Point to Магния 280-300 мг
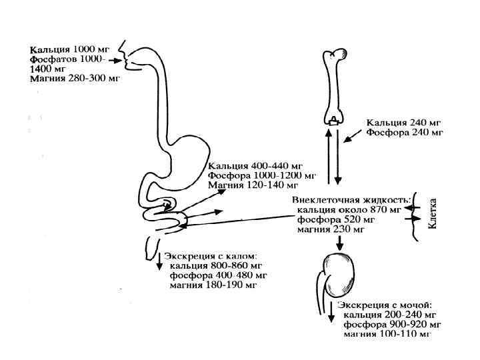point(73,78)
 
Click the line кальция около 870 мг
point(349,209)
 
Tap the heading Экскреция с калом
point(211,256)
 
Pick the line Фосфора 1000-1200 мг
point(262,175)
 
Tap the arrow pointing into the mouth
point(115,59)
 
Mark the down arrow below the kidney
point(331,311)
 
